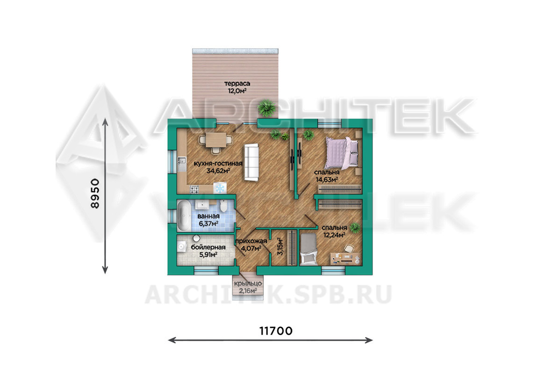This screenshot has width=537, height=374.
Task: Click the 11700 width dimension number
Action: (276, 331)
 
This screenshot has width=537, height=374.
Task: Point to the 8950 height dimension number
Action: (95, 194)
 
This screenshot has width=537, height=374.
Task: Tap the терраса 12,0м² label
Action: (237, 87)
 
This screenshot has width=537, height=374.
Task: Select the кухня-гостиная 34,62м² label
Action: (218, 167)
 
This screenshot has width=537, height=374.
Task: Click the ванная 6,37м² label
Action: (208, 220)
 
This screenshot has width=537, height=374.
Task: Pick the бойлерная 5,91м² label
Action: (208, 251)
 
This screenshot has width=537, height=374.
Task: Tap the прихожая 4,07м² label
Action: (251, 245)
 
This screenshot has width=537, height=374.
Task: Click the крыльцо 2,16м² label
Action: (248, 288)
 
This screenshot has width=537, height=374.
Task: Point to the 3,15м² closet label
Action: (280, 246)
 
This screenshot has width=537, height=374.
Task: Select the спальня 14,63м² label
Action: (327, 176)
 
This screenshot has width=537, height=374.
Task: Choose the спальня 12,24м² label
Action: (334, 231)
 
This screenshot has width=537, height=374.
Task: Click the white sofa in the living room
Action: (251, 162)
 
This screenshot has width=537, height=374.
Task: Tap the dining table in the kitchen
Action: (216, 140)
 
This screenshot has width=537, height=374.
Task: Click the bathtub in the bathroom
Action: (184, 216)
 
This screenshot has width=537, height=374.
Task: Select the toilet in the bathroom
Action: (224, 206)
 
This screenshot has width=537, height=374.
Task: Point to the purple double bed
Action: (344, 153)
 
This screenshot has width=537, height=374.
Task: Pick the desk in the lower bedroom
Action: (345, 259)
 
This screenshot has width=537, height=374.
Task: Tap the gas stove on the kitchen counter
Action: (194, 188)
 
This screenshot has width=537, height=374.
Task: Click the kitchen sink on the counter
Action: (182, 159)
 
